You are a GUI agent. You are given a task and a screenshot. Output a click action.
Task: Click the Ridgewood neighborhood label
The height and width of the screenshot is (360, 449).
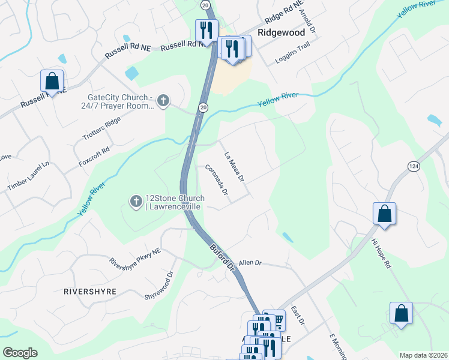(282, 32)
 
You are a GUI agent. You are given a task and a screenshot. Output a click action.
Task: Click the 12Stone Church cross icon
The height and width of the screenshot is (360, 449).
(136, 200)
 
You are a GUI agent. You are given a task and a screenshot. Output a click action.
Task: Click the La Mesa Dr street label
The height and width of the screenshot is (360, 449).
(234, 166)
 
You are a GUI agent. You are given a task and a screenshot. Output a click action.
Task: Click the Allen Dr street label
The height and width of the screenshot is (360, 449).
(250, 263)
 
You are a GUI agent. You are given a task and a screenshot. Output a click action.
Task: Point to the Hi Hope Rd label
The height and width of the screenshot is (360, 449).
(381, 253)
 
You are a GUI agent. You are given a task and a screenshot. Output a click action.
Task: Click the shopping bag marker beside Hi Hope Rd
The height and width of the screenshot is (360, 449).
(384, 215)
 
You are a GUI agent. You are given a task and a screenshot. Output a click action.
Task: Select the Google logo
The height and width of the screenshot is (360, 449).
(20, 353)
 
